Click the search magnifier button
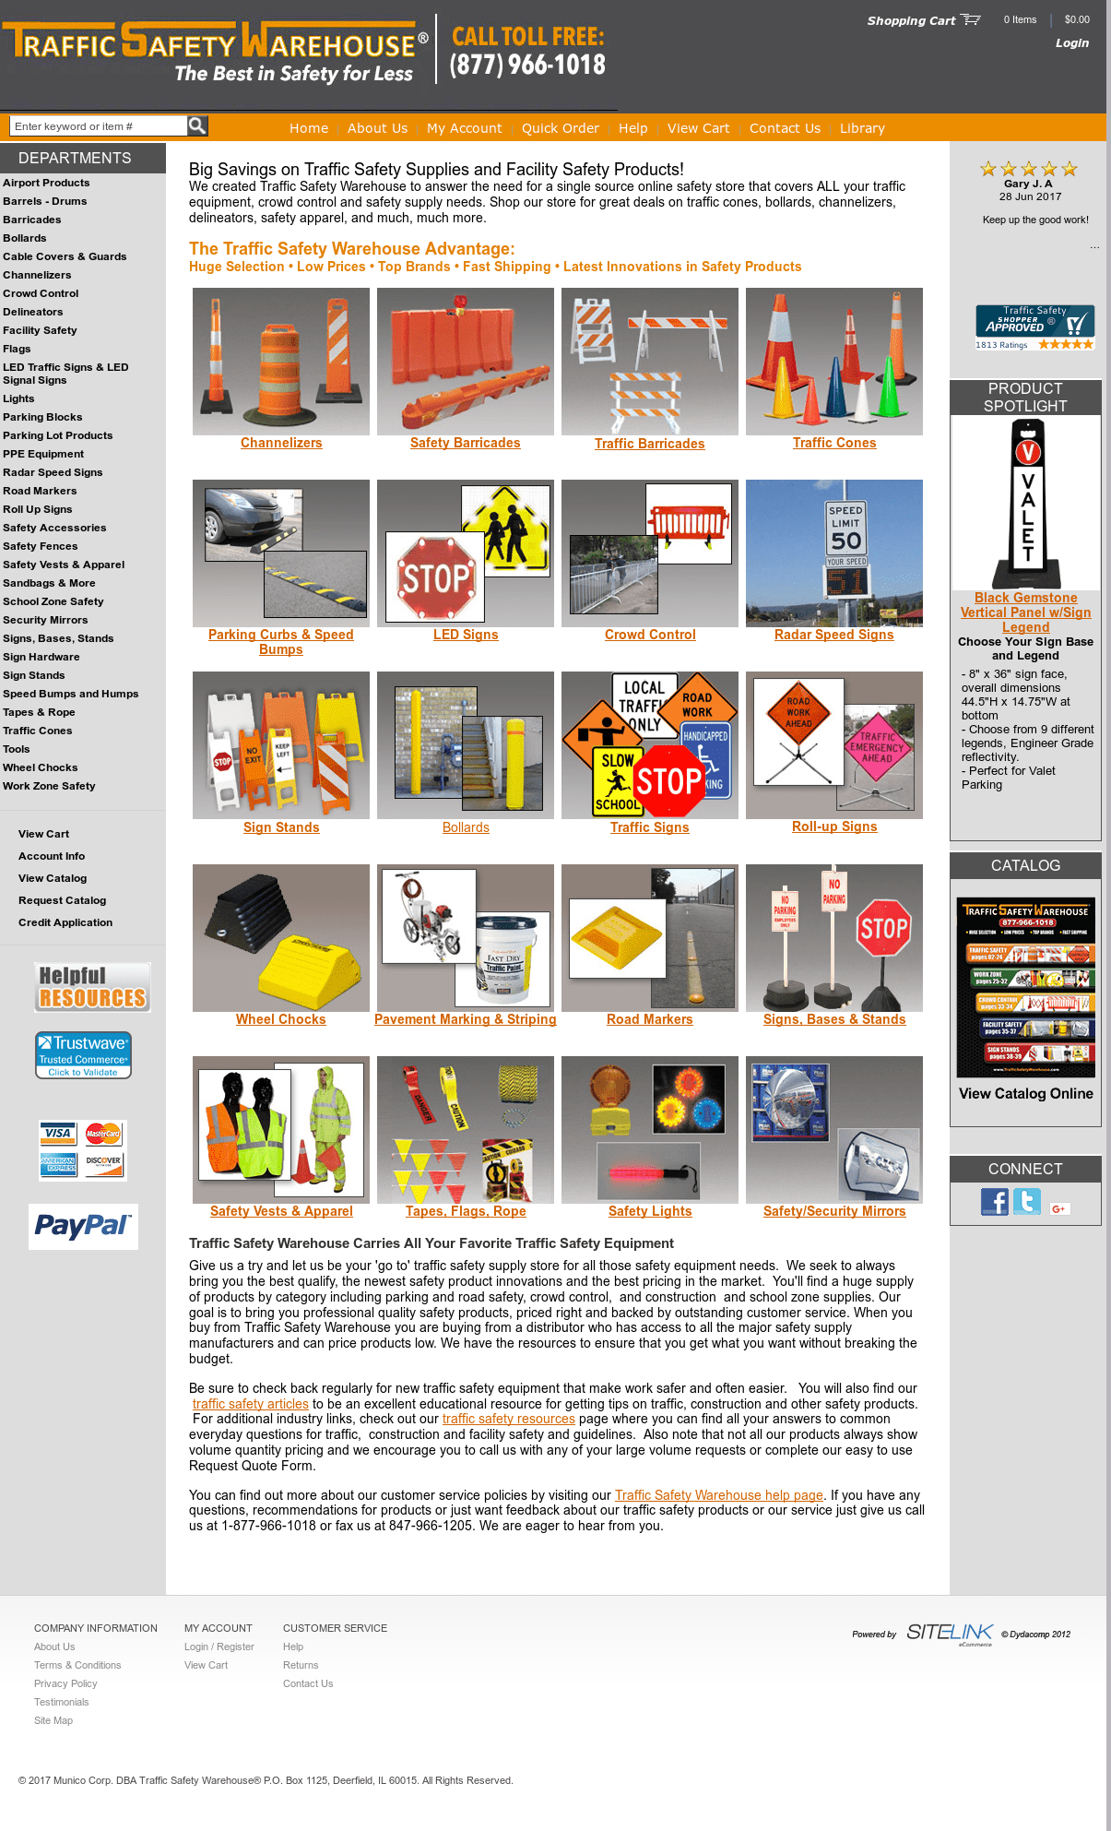[x=197, y=125]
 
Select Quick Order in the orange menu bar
[x=560, y=128]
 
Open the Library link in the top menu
[x=862, y=128]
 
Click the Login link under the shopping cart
[x=1071, y=43]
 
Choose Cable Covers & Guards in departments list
[x=65, y=256]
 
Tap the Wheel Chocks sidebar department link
[x=41, y=767]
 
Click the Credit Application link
[x=65, y=922]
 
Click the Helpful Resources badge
[x=92, y=987]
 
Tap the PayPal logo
[x=83, y=1226]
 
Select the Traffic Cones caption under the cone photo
[x=834, y=444]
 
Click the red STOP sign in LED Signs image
[x=434, y=578]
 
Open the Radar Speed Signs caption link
[x=833, y=635]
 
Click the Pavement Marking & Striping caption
[x=466, y=1019]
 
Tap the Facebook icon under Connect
[x=994, y=1201]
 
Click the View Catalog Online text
[x=1025, y=1094]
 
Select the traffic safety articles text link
[x=251, y=1404]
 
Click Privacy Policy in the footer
[x=65, y=1683]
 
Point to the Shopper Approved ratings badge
[x=1034, y=327]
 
